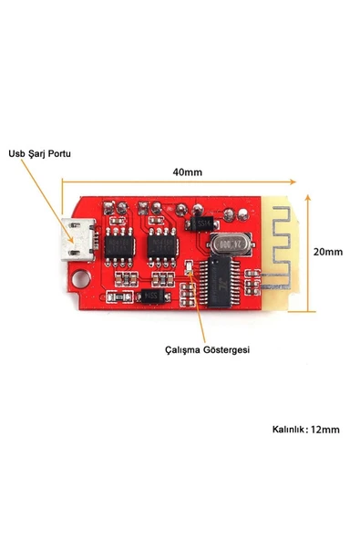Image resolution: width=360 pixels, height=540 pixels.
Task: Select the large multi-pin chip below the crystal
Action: pyautogui.click(x=221, y=279)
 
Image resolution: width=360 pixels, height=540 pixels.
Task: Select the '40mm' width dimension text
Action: pyautogui.click(x=187, y=171)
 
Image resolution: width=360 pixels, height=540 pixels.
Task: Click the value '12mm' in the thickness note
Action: pyautogui.click(x=324, y=429)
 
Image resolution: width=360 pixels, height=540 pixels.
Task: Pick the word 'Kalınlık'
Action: pyautogui.click(x=288, y=429)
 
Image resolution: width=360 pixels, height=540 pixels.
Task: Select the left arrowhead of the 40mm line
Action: pyautogui.click(x=65, y=182)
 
